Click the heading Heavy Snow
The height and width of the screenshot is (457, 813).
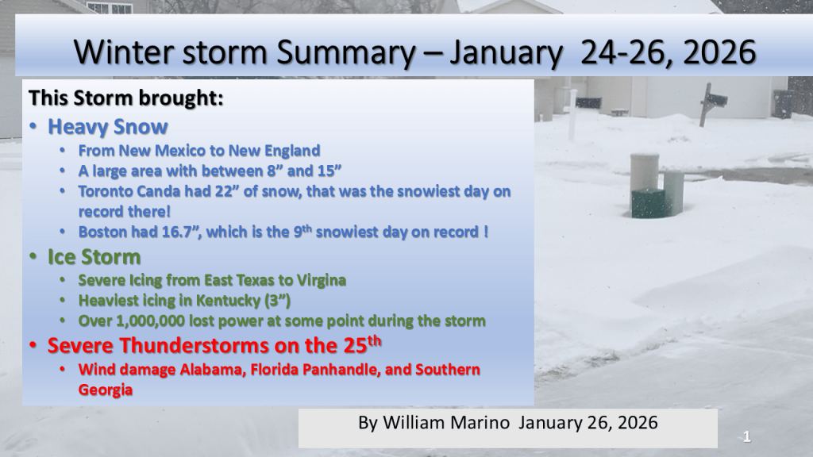pos(108,127)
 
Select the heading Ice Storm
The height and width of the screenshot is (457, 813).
pos(94,257)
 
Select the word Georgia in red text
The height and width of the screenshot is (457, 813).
pos(106,390)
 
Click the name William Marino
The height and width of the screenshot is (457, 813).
pos(446,423)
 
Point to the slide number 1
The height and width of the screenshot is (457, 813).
pos(746,437)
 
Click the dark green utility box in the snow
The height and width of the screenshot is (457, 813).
pos(648,203)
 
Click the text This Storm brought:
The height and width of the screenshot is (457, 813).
pos(126,98)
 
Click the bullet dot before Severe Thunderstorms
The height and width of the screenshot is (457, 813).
pos(33,346)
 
